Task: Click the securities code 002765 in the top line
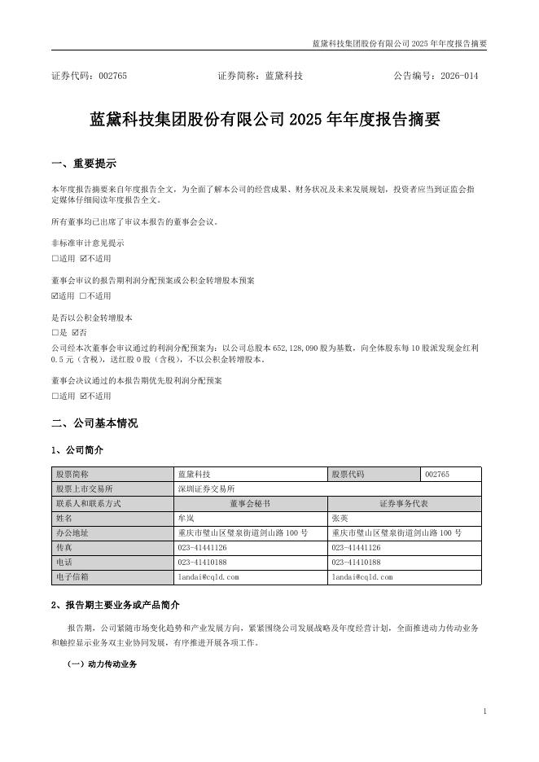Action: pos(112,76)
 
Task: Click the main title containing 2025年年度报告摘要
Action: pos(264,120)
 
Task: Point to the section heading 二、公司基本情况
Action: pos(94,423)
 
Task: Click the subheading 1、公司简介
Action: pos(77,450)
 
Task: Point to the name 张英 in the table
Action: pos(340,518)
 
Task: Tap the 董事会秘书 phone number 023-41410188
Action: pos(202,562)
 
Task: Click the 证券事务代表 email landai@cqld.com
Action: pos(362,576)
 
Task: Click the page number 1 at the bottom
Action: pos(484,712)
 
